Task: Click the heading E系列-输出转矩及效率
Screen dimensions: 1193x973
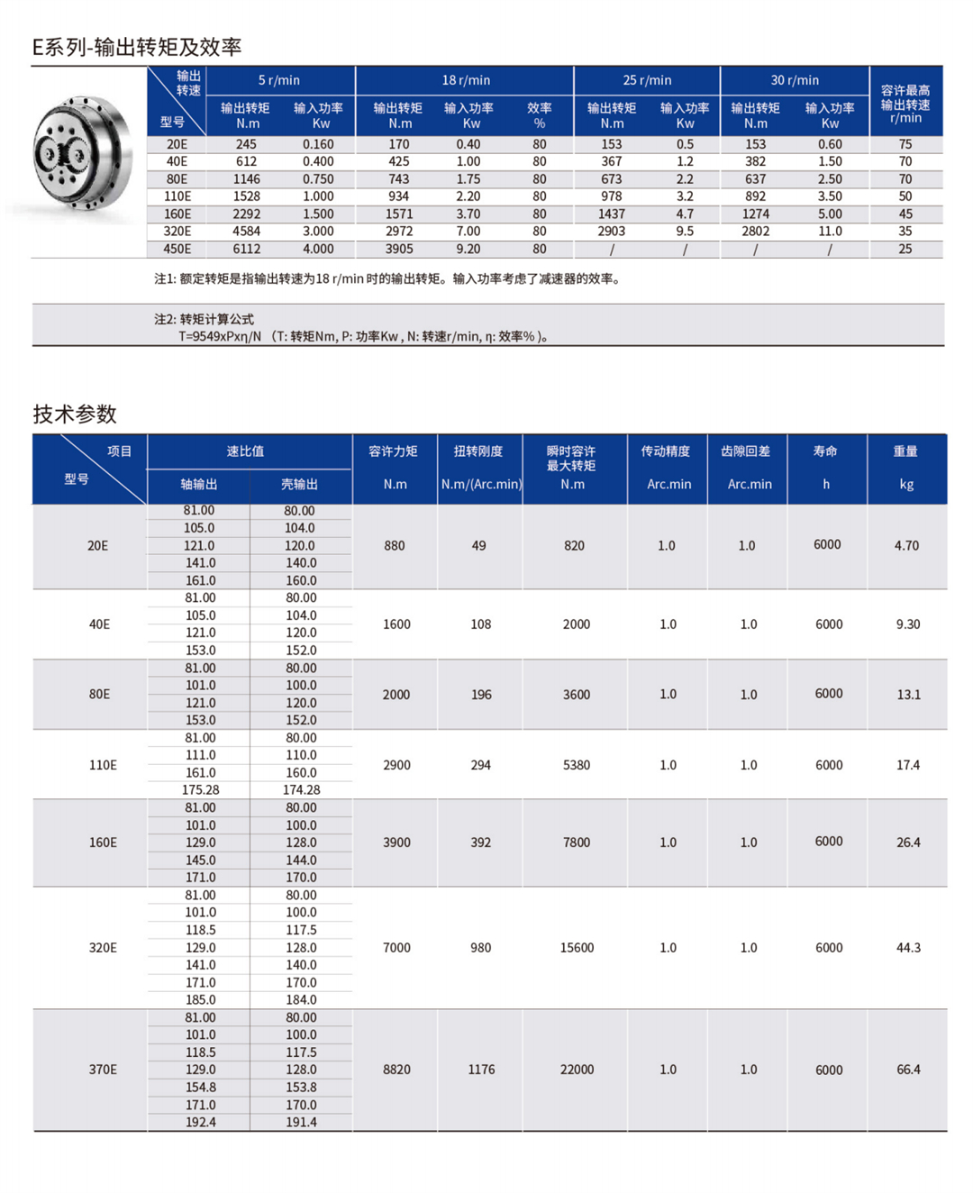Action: [137, 47]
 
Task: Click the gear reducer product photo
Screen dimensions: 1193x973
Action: [83, 155]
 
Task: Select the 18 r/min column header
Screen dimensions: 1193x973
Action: [465, 80]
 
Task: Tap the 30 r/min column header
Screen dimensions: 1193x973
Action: [795, 80]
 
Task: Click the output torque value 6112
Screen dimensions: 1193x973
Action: [246, 250]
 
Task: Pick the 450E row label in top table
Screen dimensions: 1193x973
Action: [177, 250]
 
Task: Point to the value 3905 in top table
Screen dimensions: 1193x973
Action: [399, 250]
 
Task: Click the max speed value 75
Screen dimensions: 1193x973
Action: [905, 144]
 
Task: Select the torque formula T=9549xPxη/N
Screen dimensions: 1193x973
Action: [220, 336]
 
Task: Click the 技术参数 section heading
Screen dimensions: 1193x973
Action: [75, 414]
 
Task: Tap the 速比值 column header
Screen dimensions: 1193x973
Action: [245, 451]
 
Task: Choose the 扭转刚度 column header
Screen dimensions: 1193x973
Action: [478, 451]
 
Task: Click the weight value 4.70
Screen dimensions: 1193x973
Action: [906, 546]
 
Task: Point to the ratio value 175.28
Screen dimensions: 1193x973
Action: [200, 790]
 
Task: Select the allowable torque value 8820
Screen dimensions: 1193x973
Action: [396, 1070]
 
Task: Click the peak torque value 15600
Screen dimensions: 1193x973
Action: [577, 948]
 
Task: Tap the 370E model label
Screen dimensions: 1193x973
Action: [103, 1070]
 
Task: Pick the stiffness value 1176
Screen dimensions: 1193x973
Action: [481, 1070]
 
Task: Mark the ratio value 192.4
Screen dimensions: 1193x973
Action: [200, 1123]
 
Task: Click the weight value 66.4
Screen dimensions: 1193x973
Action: [908, 1070]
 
